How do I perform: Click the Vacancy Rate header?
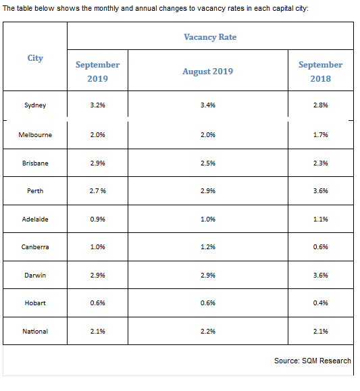pos(210,37)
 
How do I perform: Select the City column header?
pos(35,58)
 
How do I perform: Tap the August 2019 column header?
pos(208,72)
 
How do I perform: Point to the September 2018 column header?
pos(321,72)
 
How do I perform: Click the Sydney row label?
pos(35,105)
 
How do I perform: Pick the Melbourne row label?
pos(35,135)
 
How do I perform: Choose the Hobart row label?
pos(35,303)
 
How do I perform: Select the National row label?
pos(35,332)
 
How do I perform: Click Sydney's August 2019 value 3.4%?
pos(208,105)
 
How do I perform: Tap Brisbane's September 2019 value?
pos(97,163)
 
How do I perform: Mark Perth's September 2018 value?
pos(321,190)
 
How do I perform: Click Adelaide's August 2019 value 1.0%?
pos(208,219)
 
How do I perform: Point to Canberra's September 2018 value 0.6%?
pos(321,247)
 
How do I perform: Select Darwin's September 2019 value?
pos(97,276)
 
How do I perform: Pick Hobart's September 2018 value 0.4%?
pos(321,303)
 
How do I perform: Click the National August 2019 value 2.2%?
pos(208,332)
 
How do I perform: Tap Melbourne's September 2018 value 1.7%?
pos(321,135)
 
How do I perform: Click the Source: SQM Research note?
pos(313,361)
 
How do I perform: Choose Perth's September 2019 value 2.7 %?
pos(97,190)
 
